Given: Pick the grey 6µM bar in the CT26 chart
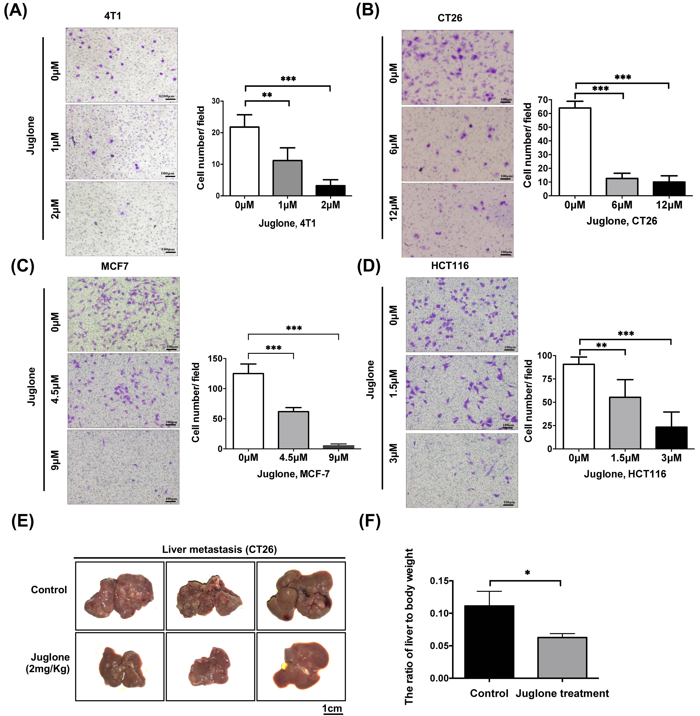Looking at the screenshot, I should tap(622, 187).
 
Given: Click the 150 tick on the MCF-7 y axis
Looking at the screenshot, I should tap(215, 359).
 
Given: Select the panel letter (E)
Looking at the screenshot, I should tap(23, 521).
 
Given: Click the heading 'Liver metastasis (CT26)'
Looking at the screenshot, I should tap(220, 549).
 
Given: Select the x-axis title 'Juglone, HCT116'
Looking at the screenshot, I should tap(625, 474).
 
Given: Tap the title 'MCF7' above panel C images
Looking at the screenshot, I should tap(115, 266).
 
